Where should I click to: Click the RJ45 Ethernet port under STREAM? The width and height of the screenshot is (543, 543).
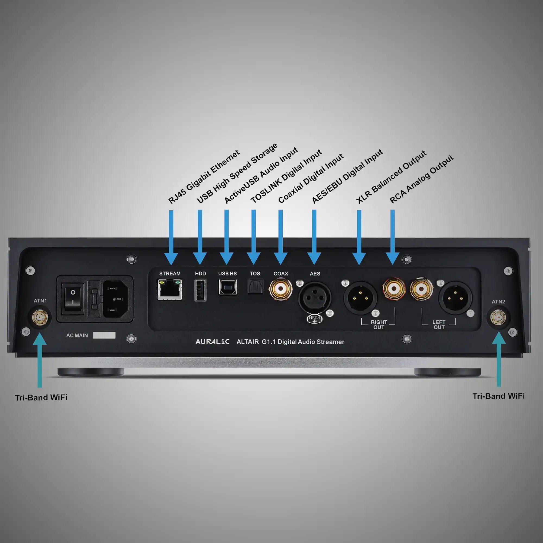(169, 289)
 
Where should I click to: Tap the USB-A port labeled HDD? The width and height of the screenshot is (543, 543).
(200, 290)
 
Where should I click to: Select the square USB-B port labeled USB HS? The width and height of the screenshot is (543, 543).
(228, 287)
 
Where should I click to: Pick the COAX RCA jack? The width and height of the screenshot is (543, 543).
(280, 289)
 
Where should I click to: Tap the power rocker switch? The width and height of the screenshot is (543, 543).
(73, 297)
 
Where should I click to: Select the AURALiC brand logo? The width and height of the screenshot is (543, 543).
(212, 342)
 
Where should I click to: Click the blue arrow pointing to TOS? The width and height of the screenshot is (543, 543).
(254, 236)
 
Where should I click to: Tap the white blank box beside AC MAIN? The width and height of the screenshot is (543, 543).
(104, 335)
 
